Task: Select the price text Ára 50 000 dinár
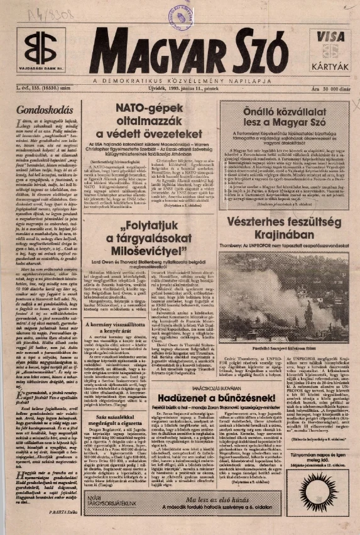point(323,93)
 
